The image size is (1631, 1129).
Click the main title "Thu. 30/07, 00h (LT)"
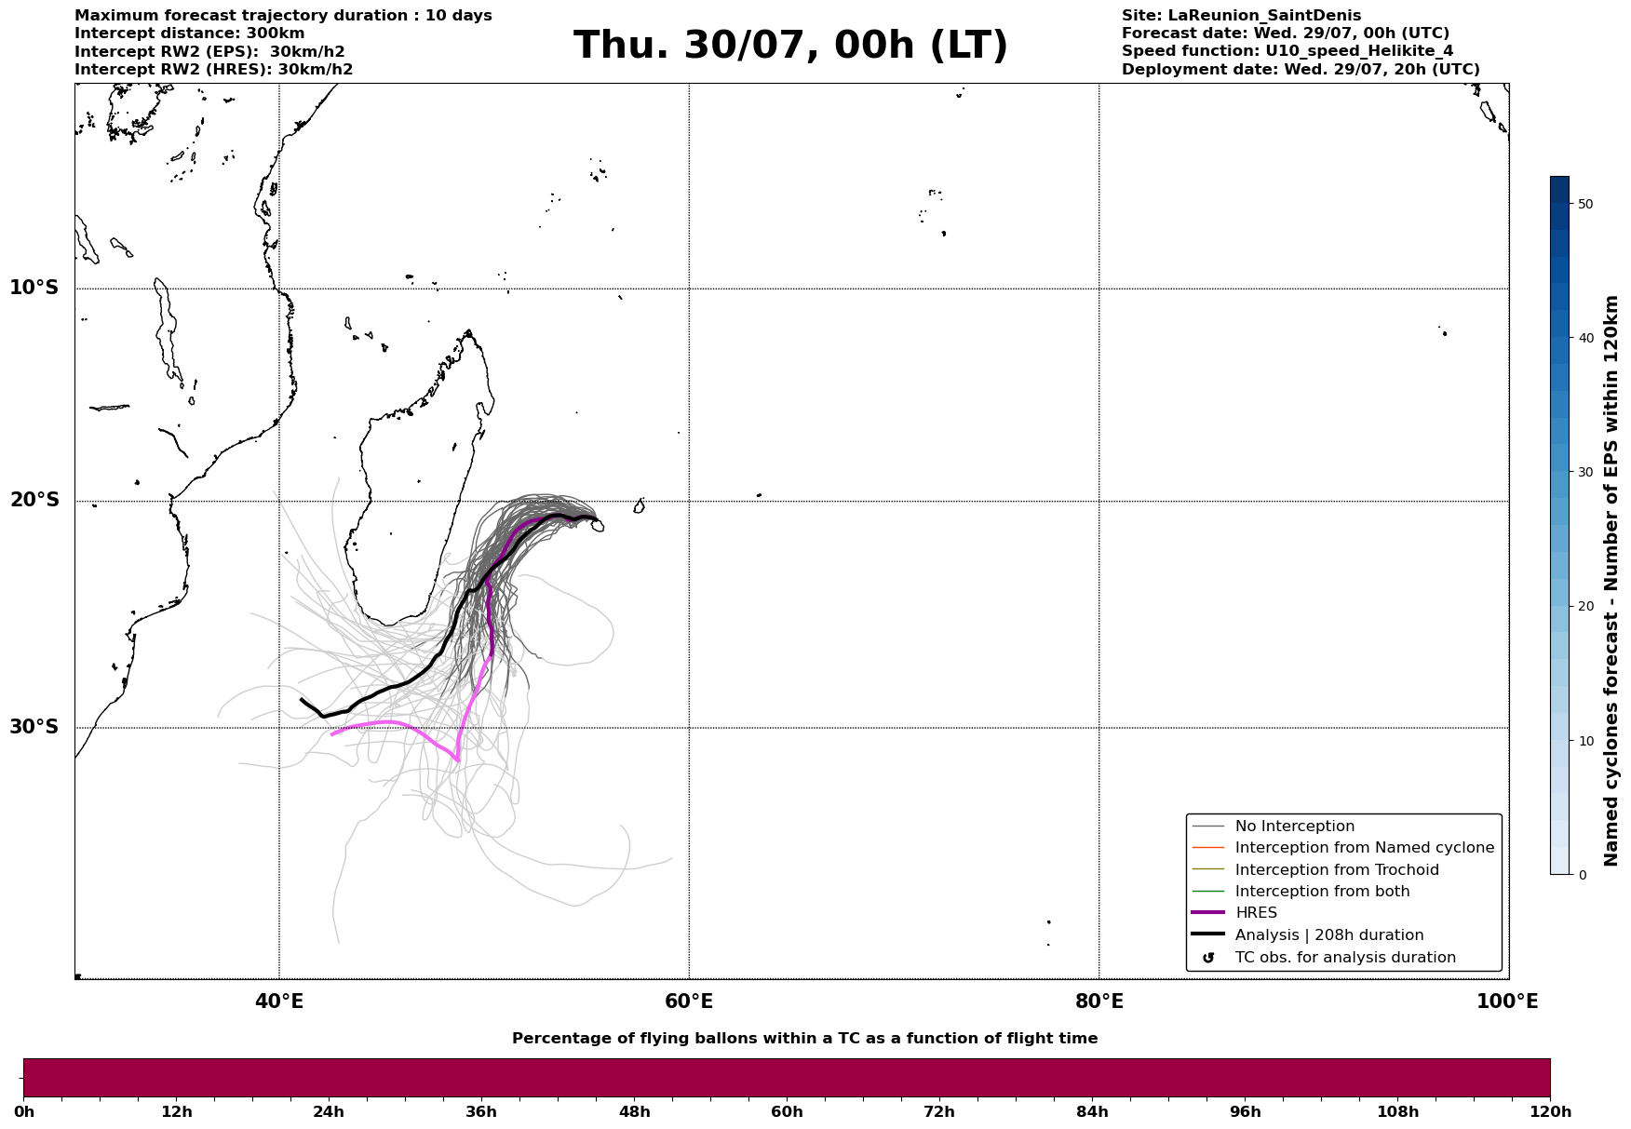click(790, 46)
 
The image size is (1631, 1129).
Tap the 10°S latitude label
click(34, 288)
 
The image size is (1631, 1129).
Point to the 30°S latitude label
click(34, 727)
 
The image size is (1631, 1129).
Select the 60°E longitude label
click(689, 1002)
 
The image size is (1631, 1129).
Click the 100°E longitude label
click(1507, 1002)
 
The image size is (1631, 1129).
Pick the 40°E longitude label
click(279, 1002)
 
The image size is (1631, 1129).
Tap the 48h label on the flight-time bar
click(634, 1112)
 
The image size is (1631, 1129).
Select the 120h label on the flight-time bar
click(1550, 1112)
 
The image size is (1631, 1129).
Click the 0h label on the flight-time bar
click(23, 1112)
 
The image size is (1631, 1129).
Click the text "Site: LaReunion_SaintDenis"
click(1241, 16)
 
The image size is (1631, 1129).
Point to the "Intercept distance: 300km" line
click(190, 34)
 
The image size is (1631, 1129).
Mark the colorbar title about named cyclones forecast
click(1612, 581)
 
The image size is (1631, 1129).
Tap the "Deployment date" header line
click(1301, 70)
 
